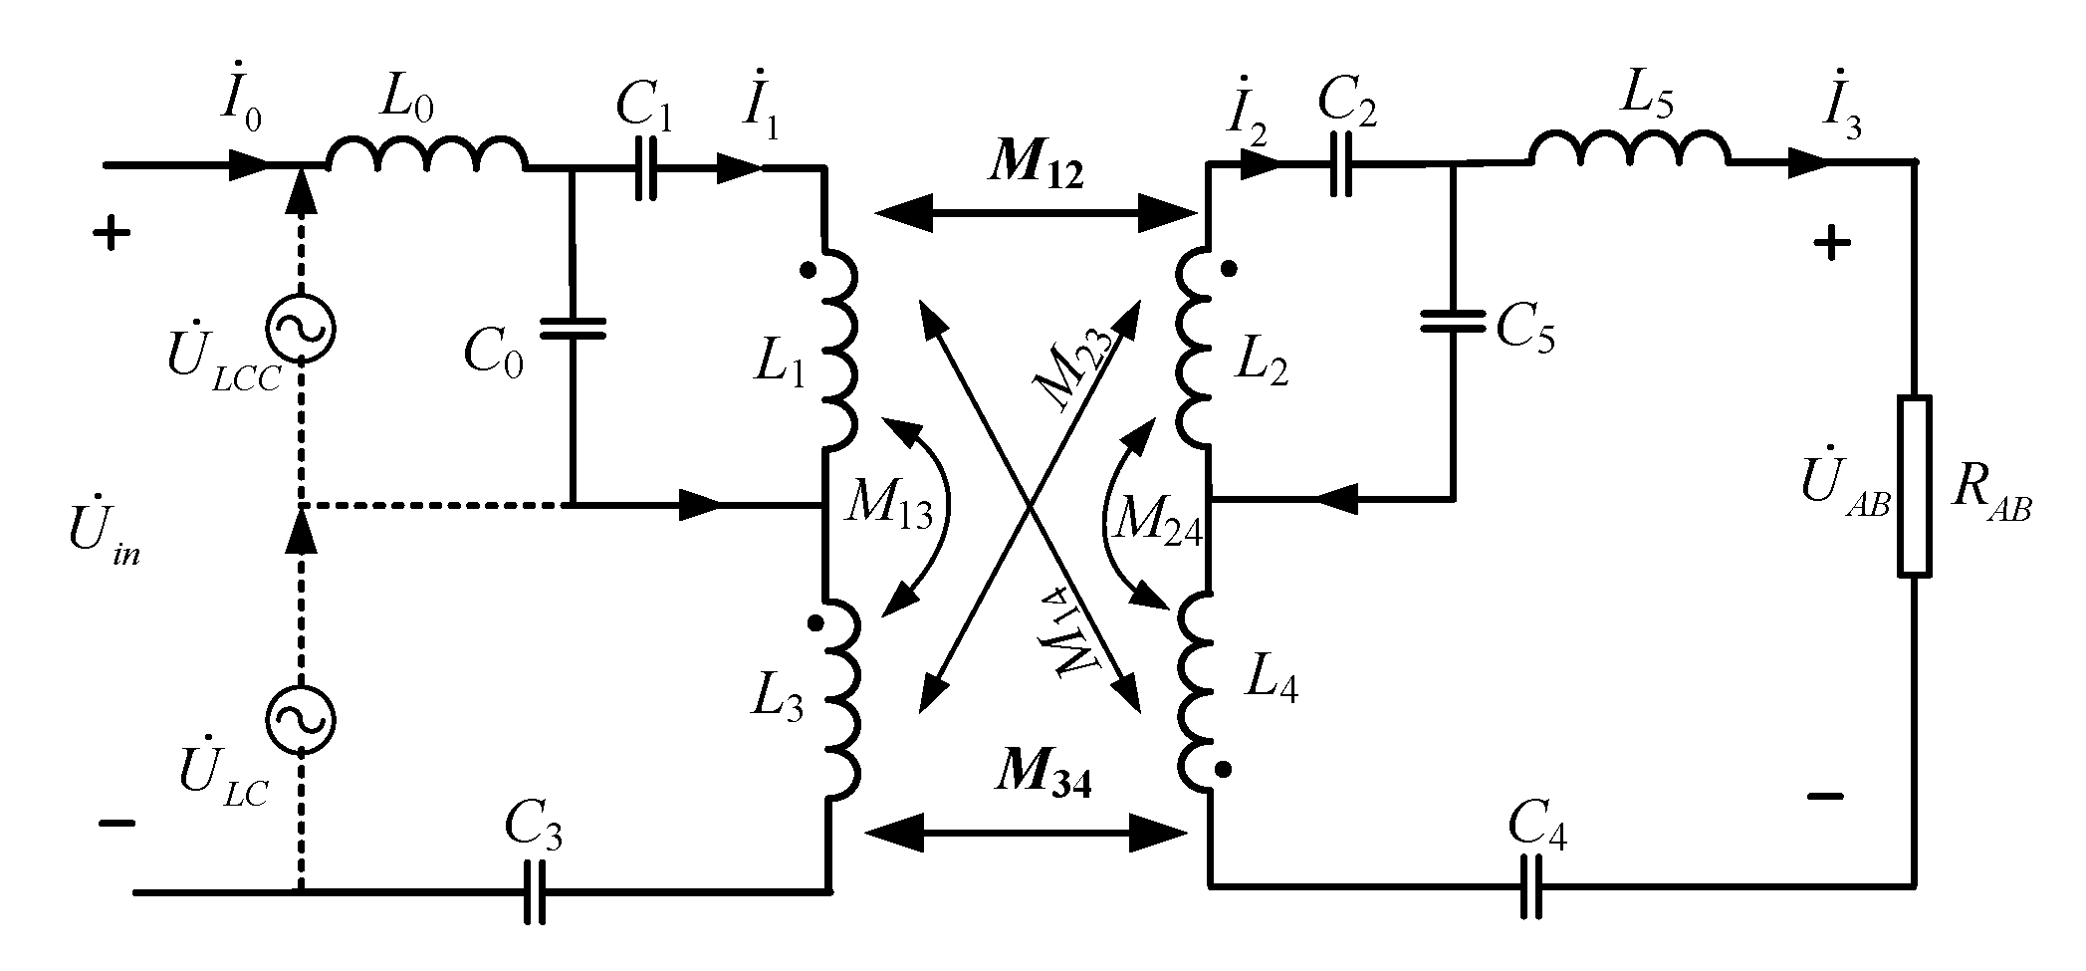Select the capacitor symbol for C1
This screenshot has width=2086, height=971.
click(x=645, y=169)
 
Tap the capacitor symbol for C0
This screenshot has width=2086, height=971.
click(x=573, y=330)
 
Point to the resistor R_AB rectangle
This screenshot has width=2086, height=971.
click(x=1914, y=486)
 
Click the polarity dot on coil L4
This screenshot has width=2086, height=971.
click(x=1224, y=769)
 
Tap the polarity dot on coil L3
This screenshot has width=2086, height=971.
click(x=814, y=624)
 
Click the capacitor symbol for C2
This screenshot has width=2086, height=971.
click(x=1343, y=165)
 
